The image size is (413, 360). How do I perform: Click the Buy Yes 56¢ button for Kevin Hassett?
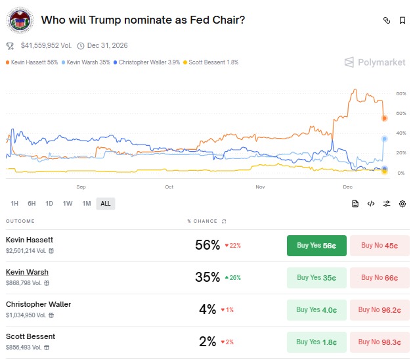click(x=316, y=245)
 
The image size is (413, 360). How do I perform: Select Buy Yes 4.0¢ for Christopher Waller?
click(x=316, y=309)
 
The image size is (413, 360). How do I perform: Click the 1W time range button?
click(x=68, y=204)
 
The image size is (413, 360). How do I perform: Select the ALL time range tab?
click(x=105, y=204)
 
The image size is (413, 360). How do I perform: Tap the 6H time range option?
click(x=32, y=204)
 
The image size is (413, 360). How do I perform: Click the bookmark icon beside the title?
click(x=402, y=20)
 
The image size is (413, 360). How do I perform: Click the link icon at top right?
click(x=387, y=20)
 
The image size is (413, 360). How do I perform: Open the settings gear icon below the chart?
click(x=402, y=204)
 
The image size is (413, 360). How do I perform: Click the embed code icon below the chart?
click(x=371, y=204)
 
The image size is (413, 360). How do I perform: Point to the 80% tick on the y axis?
click(x=401, y=94)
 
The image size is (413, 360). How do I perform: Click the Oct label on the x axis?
click(x=169, y=187)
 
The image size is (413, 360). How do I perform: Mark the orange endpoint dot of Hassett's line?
click(x=385, y=118)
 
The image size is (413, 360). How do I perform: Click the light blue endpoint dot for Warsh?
click(x=385, y=139)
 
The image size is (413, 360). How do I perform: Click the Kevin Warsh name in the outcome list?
click(x=27, y=272)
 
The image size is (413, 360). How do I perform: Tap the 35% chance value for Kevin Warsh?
click(x=207, y=277)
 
